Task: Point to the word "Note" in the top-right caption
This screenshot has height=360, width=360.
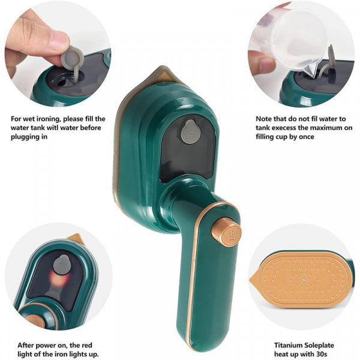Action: click(264, 119)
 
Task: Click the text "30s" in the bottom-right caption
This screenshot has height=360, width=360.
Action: click(323, 355)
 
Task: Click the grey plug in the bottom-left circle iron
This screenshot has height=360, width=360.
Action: click(62, 265)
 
